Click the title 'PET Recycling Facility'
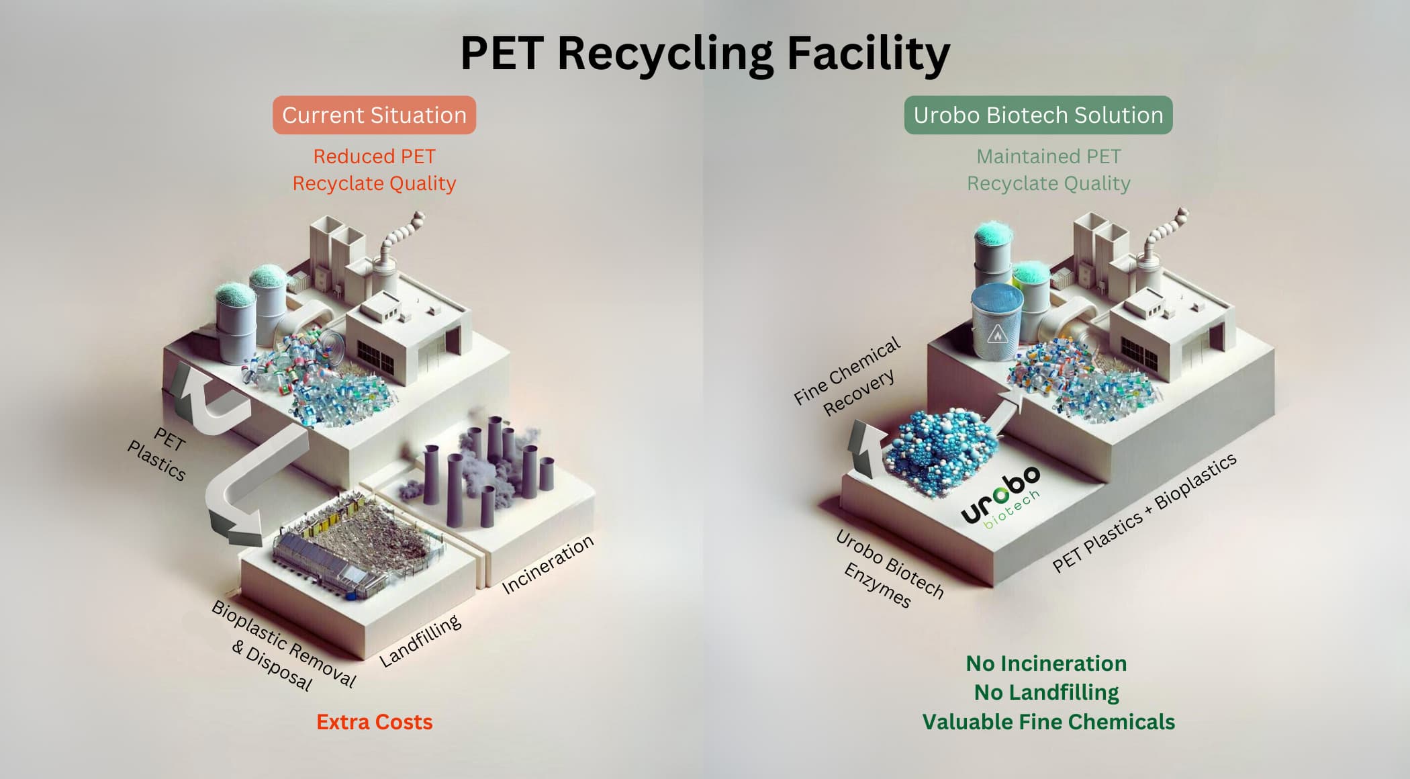point(704,53)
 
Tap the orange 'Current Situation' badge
point(374,115)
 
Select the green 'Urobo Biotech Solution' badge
point(1038,115)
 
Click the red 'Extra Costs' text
point(374,722)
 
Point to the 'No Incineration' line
point(1046,663)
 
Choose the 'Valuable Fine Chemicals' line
point(1048,722)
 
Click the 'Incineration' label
point(548,564)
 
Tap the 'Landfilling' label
point(420,641)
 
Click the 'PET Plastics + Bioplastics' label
point(1144,512)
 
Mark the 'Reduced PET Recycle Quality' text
point(374,170)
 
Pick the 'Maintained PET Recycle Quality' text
point(1048,170)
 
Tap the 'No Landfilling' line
point(1046,692)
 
